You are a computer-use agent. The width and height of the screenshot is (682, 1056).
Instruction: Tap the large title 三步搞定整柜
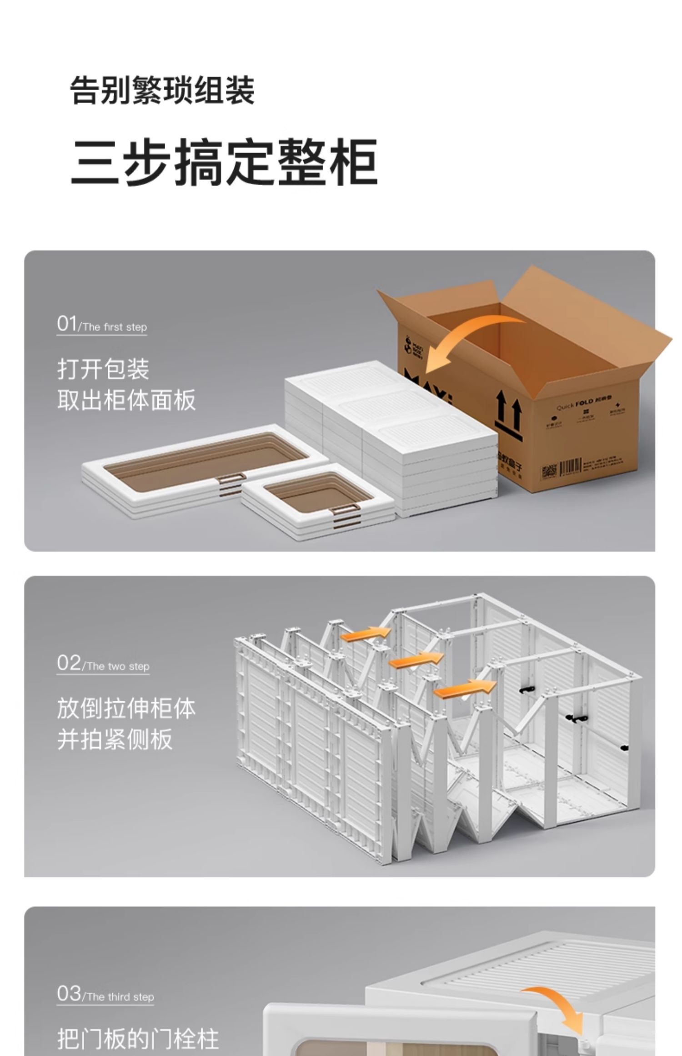coord(224,162)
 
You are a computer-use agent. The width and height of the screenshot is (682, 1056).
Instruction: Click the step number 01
coord(67,324)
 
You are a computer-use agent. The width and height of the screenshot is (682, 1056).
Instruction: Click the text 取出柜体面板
coord(126,400)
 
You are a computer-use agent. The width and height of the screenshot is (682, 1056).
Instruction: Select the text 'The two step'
coord(117,667)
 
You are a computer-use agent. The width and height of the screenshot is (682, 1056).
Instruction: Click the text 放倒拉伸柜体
coord(126,709)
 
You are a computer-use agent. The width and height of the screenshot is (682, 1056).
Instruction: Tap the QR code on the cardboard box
coord(548,472)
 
